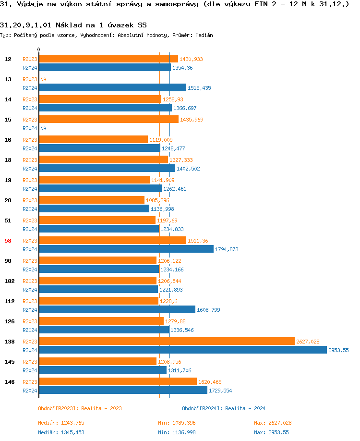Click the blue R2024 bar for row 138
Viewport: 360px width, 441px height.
click(x=182, y=350)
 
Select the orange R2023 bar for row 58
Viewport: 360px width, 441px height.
click(x=112, y=240)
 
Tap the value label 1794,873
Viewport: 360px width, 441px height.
click(x=227, y=249)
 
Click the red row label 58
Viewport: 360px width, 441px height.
click(x=8, y=241)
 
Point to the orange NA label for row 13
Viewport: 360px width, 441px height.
click(x=43, y=79)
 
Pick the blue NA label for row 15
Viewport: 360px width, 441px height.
click(x=43, y=128)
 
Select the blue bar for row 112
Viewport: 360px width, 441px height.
click(x=117, y=309)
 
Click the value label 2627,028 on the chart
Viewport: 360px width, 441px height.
click(x=308, y=342)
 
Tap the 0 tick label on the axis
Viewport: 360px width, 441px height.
click(x=39, y=49)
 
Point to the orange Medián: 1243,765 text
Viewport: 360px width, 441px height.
click(x=61, y=423)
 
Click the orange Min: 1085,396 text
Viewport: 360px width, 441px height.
click(x=177, y=423)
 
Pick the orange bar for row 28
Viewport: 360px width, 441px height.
click(x=91, y=200)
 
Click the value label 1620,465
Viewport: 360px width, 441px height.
click(x=210, y=382)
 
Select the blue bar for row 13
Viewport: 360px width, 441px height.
click(x=112, y=87)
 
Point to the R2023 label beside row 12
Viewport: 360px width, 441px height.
click(x=30, y=59)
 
